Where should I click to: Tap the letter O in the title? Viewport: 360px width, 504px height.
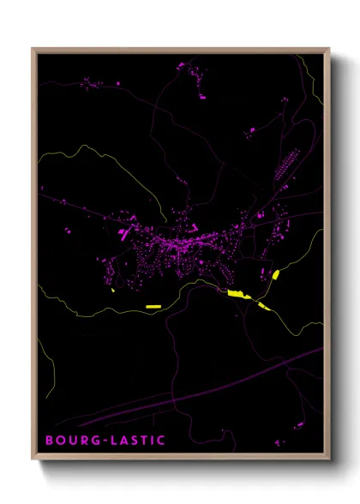point(60,441)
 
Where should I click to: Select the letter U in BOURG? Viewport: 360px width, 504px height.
point(72,441)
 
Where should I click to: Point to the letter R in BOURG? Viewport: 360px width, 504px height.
point(84,441)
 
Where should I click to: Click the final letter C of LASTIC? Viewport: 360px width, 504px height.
point(162,441)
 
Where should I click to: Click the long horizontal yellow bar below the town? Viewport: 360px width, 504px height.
point(153,306)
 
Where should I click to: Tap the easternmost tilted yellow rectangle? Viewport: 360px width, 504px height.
point(275,275)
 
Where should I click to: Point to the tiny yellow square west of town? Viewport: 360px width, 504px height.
point(113,291)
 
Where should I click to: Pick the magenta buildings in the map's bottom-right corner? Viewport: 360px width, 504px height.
point(298,424)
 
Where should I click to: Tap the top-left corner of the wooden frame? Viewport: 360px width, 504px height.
point(33,49)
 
